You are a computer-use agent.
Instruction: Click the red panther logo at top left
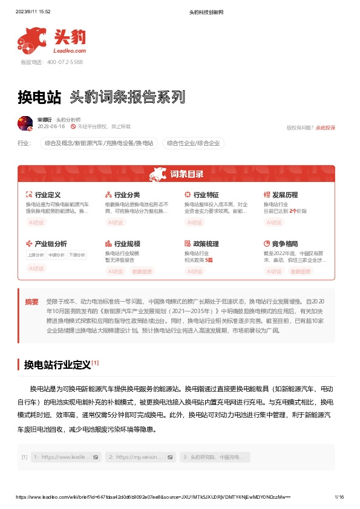coord(32,39)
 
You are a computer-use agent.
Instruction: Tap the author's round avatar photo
coord(25,123)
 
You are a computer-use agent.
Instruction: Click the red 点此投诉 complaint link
coord(325,128)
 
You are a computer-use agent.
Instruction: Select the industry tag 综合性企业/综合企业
coord(193,143)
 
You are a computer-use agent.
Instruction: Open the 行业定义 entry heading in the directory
coord(48,195)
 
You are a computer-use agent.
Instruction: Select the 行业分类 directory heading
coord(127,195)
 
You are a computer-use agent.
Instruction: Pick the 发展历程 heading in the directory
coord(285,195)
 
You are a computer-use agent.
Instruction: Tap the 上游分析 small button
coord(36,255)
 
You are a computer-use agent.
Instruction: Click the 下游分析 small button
coord(77,255)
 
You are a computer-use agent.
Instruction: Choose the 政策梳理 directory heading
coord(206,244)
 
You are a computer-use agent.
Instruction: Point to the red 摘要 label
coord(31,301)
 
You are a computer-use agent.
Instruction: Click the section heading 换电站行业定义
coord(57,365)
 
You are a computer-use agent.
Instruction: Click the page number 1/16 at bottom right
coord(339,496)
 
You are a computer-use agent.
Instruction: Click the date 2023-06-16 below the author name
coord(51,127)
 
